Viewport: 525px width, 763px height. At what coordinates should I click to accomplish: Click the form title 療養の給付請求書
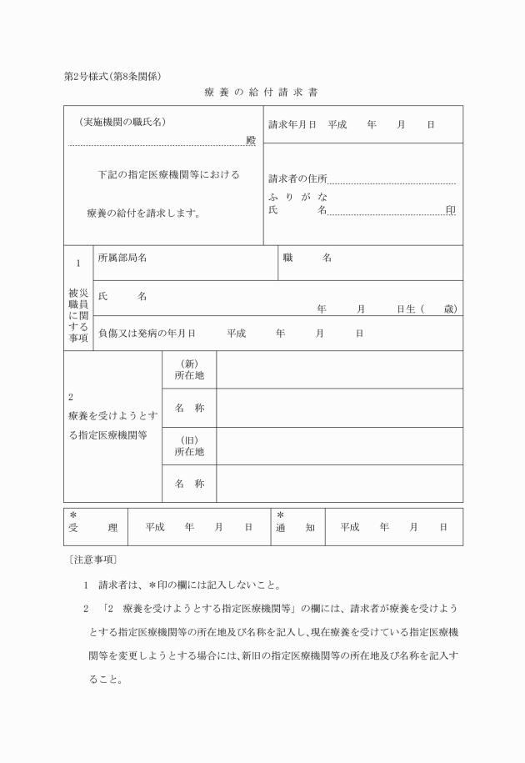coord(262,92)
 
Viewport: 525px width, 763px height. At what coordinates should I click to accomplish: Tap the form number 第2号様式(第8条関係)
coord(112,76)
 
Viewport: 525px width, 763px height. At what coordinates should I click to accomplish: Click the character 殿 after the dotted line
coord(251,140)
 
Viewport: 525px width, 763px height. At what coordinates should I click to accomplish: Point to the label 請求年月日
coord(292,124)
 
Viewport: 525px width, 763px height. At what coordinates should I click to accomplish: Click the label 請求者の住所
coord(297,178)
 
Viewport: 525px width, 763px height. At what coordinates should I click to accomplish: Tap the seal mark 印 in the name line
coord(451,210)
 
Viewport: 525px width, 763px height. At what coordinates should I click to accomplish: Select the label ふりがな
coord(297,196)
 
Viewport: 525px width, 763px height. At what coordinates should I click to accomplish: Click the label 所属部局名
coord(122,258)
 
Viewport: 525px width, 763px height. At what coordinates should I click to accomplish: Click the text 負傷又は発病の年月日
coord(147,333)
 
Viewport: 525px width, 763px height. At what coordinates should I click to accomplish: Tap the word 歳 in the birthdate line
coord(450,309)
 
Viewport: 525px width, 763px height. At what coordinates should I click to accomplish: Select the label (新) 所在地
coord(189,369)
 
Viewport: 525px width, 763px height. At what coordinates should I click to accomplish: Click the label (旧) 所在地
coord(189,446)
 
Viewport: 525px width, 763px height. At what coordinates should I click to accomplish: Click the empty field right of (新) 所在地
coord(339,369)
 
